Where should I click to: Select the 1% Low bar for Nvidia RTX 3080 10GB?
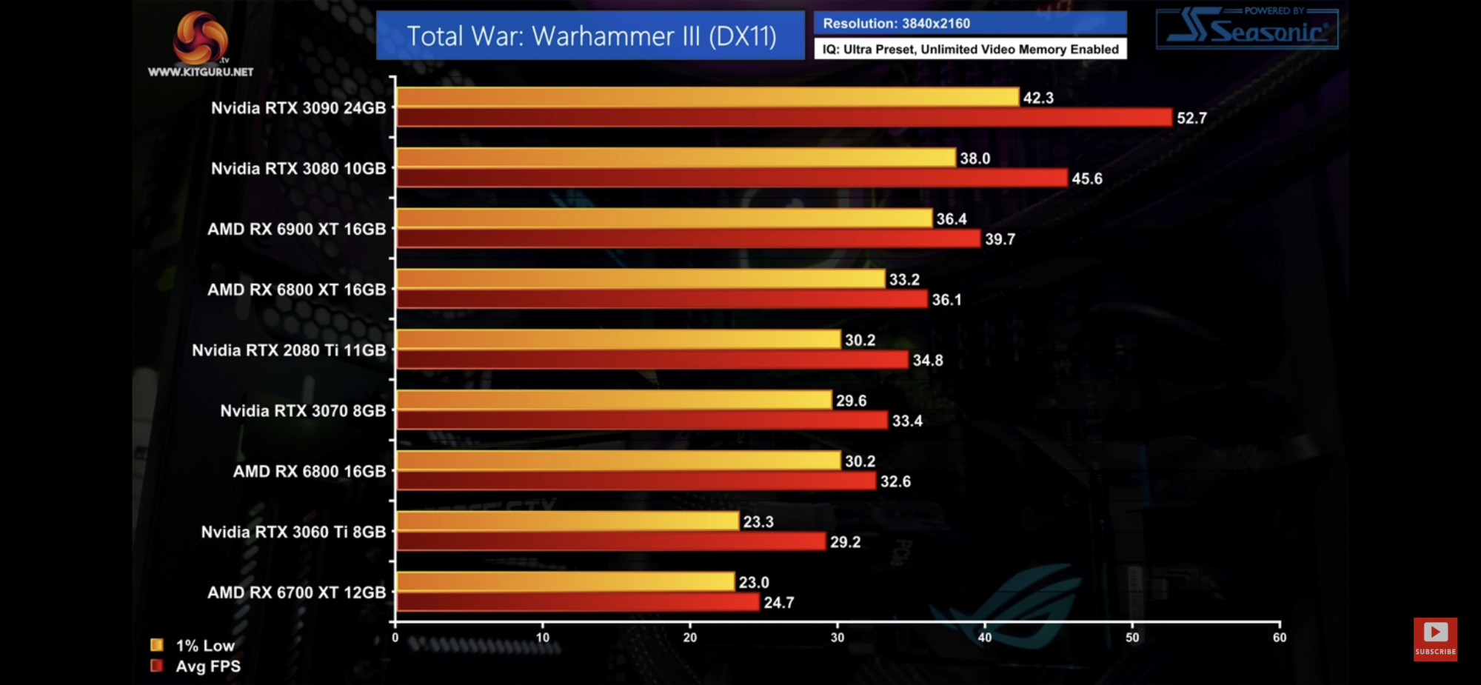pos(675,158)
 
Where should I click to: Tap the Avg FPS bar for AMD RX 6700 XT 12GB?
pos(578,602)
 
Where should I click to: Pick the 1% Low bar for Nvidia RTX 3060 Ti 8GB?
pos(567,521)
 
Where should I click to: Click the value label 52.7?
pos(1191,118)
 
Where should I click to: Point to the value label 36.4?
pos(952,219)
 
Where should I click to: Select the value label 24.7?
pos(779,603)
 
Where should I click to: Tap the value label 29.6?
pos(851,401)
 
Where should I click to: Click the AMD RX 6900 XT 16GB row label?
pos(296,230)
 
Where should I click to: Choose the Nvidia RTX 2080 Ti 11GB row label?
pos(289,350)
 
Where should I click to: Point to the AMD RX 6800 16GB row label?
pos(310,472)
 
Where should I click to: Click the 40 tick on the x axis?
pos(985,638)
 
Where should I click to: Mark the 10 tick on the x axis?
pos(543,638)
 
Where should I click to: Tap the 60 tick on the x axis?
pos(1280,638)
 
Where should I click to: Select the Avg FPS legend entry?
pos(196,666)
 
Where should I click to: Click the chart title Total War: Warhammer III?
pos(591,36)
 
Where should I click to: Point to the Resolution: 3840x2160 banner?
pos(970,24)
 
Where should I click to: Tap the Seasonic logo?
pos(1247,30)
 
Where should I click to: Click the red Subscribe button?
pos(1435,638)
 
